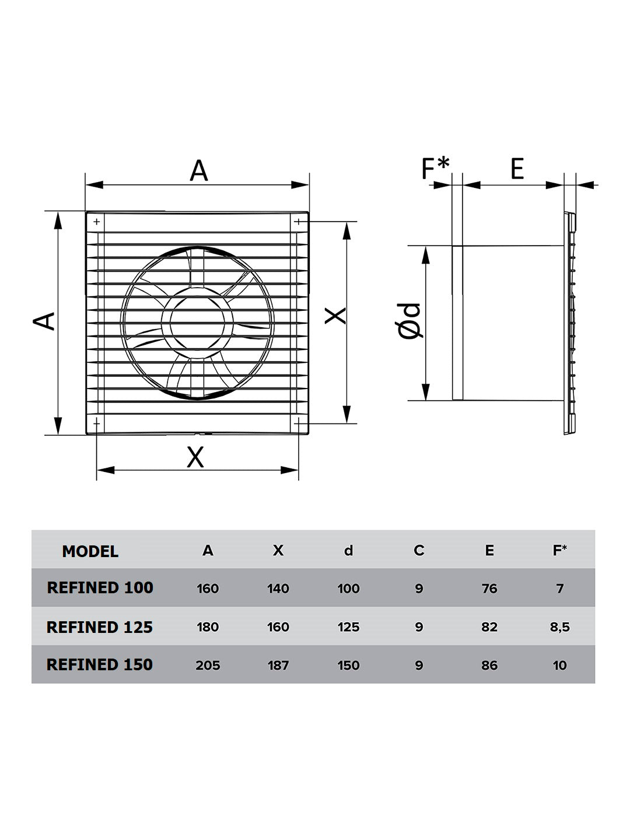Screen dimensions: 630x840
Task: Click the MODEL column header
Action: click(x=90, y=551)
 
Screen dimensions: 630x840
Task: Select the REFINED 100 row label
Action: click(x=100, y=587)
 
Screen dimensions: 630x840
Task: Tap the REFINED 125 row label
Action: click(x=99, y=627)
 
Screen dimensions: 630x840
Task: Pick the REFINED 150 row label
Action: click(x=99, y=664)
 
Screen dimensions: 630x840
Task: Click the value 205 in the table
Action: click(x=208, y=665)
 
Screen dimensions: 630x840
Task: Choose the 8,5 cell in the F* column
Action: click(x=560, y=627)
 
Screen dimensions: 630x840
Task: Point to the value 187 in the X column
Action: click(x=278, y=665)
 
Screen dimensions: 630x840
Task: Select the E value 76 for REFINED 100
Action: click(x=489, y=588)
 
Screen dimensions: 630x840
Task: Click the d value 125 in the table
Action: click(x=348, y=627)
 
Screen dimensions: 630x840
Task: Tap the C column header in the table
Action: click(x=419, y=550)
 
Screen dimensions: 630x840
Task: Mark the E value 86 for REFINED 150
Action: click(x=489, y=665)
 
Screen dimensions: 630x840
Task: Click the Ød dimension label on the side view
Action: click(x=409, y=321)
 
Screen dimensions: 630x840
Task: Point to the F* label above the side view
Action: click(x=435, y=169)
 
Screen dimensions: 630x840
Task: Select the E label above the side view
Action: click(x=517, y=169)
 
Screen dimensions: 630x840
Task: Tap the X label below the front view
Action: click(x=195, y=457)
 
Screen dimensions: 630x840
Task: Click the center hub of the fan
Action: click(x=197, y=323)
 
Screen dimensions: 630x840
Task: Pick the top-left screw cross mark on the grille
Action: click(x=96, y=222)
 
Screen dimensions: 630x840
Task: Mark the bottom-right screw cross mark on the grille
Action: click(x=298, y=423)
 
